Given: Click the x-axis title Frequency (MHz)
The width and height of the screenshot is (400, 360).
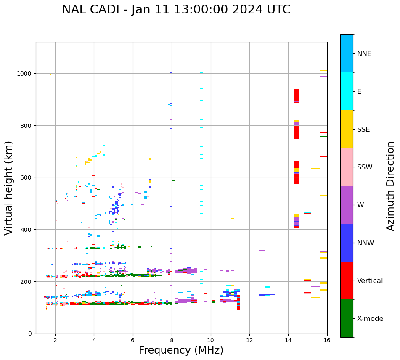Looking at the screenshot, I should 181,350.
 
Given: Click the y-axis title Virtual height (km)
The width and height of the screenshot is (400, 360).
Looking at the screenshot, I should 9,188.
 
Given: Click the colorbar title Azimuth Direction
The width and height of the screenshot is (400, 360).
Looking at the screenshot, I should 391,186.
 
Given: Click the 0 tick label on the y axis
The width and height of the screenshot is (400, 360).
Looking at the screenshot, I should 30,334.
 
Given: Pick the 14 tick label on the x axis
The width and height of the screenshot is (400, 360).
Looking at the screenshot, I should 288,341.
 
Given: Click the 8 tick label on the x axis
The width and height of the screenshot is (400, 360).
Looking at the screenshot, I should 172,341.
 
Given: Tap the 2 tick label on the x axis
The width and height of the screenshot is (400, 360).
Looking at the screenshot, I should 55,341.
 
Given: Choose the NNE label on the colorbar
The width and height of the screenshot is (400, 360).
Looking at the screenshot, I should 364,54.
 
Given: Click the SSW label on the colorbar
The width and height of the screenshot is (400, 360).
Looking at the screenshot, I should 365,167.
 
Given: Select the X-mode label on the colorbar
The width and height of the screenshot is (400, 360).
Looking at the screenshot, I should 370,319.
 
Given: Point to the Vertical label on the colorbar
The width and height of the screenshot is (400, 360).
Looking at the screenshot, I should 370,281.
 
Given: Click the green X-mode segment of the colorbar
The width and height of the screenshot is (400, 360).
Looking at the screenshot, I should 347,318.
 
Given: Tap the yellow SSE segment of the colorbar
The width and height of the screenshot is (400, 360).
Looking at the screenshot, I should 347,129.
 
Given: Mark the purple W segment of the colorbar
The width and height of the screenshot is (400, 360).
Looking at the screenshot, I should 347,205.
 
